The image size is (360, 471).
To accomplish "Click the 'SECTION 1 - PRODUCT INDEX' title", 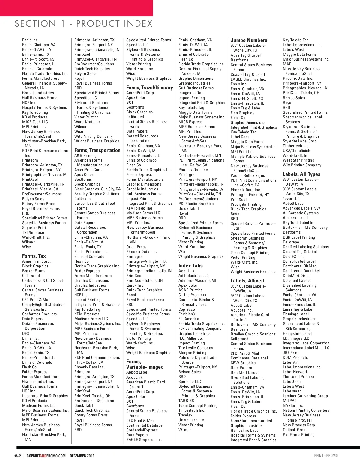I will click(83, 24).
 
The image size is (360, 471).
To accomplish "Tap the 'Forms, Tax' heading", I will click(34, 256).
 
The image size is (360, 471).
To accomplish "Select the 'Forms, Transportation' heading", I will click(97, 150).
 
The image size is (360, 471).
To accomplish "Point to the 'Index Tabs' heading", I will click(190, 266).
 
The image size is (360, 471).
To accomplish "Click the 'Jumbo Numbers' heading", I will click(249, 40).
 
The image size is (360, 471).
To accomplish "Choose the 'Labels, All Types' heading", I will click(301, 174).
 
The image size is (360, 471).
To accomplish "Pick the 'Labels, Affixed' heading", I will click(247, 281).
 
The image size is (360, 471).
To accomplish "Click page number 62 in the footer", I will click(18, 456).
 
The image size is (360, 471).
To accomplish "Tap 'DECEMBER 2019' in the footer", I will click(82, 456).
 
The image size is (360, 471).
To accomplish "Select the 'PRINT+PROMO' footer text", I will click(326, 456).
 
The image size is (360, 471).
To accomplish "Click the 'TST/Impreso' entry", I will click(33, 232).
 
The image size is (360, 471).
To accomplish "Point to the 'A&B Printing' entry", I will click(85, 155).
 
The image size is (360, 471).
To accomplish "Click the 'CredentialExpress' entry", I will click(142, 430).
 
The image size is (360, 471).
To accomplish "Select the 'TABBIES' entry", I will click(186, 401).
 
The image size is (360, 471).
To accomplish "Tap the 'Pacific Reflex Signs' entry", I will click(248, 175).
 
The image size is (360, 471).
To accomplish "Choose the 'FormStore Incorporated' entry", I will click(251, 421).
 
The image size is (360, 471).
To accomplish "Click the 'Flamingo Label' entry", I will click(296, 314).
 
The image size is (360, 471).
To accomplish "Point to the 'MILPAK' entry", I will click(289, 401).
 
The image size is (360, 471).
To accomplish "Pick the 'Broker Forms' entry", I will click(34, 271).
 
